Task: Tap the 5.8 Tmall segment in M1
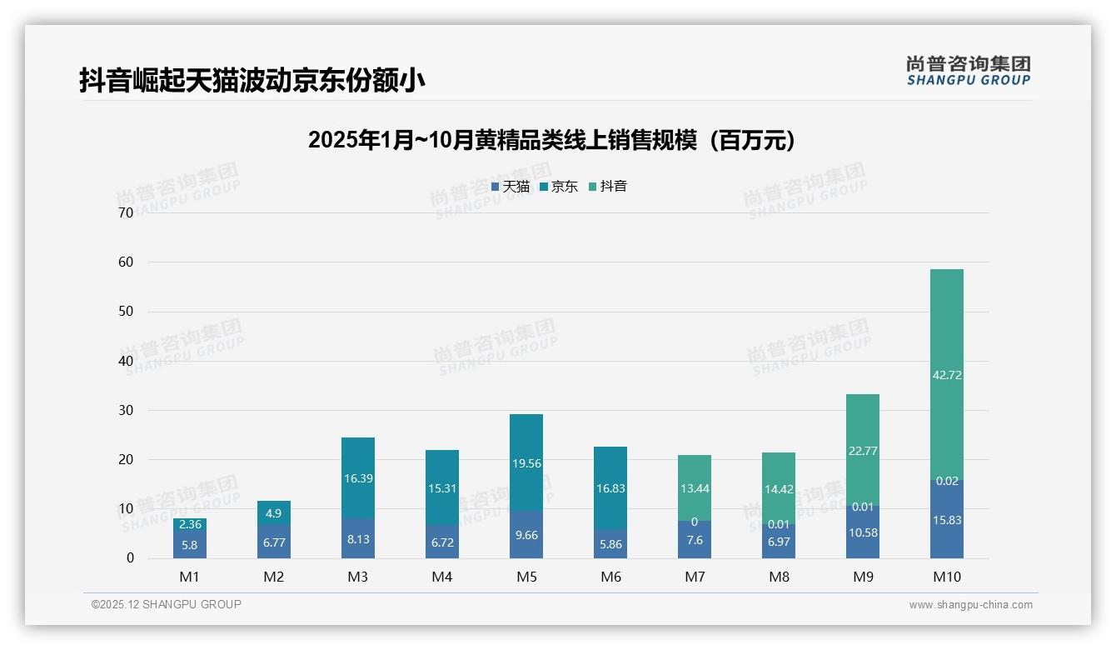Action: pyautogui.click(x=190, y=546)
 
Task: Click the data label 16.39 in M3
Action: pyautogui.click(x=358, y=479)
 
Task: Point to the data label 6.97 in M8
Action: pyautogui.click(x=779, y=542)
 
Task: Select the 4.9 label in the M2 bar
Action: pyautogui.click(x=274, y=513)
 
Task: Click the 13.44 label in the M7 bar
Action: pyautogui.click(x=695, y=488)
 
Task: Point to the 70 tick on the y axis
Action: pyautogui.click(x=126, y=212)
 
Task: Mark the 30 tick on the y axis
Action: pyautogui.click(x=126, y=410)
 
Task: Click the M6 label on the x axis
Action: pyautogui.click(x=610, y=577)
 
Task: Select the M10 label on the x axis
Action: pyautogui.click(x=947, y=577)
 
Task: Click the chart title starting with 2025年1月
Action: pyautogui.click(x=551, y=140)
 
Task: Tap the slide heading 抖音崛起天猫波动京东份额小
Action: pyautogui.click(x=252, y=80)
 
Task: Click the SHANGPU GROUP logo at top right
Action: pyautogui.click(x=968, y=71)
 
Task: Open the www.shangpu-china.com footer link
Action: pyautogui.click(x=970, y=605)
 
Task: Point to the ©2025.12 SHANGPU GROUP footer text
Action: pyautogui.click(x=167, y=604)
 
